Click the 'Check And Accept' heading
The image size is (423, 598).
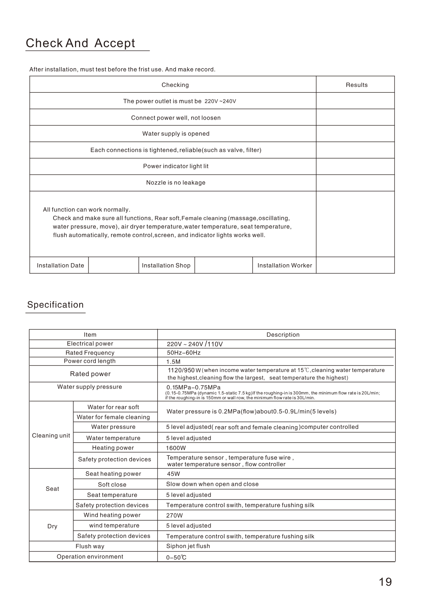click(80, 43)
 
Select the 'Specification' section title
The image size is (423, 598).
click(56, 305)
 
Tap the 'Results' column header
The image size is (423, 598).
click(357, 85)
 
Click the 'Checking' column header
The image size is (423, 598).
click(175, 85)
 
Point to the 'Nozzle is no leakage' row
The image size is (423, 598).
click(176, 183)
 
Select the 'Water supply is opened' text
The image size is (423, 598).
click(176, 134)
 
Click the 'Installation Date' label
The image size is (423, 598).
click(60, 266)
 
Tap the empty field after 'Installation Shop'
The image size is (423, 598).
click(223, 266)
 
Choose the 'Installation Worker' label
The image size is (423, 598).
click(285, 266)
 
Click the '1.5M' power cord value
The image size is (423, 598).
click(173, 362)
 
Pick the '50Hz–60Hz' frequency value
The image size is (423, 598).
click(183, 353)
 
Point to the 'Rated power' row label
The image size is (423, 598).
click(90, 374)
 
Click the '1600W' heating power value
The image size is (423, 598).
click(176, 448)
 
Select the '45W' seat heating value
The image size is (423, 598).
click(173, 474)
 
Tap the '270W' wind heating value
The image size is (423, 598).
click(175, 515)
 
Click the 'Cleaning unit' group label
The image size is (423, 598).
click(51, 436)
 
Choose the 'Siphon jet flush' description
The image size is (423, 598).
click(188, 546)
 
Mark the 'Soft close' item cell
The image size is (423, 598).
click(112, 484)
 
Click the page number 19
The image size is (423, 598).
click(385, 582)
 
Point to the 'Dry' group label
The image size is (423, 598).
click(52, 526)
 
